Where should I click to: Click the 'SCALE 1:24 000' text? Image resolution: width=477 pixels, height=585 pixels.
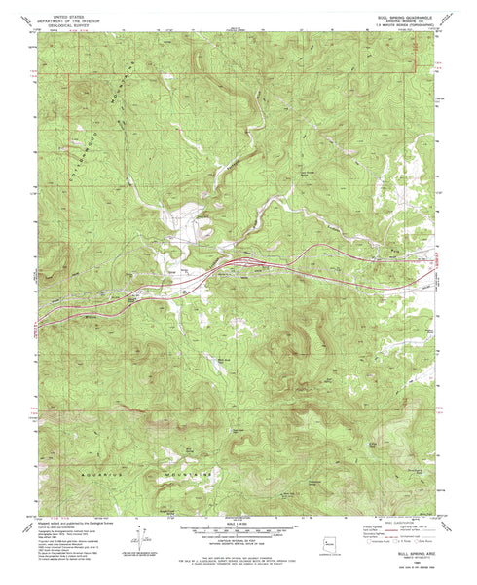238,520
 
